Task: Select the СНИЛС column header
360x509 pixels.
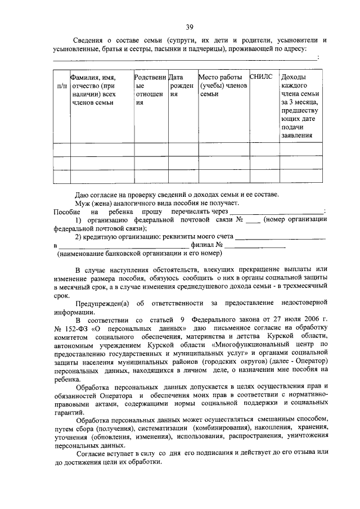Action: pos(260,77)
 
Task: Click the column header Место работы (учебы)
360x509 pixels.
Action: pos(220,85)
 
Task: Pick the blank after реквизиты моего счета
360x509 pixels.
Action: pos(280,238)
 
